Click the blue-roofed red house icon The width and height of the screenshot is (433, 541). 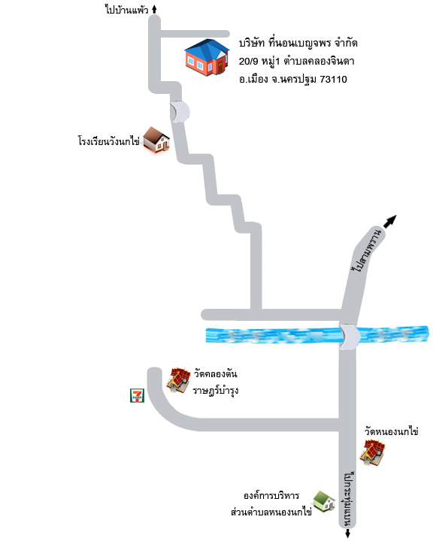coord(207,57)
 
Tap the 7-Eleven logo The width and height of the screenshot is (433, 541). coord(137,395)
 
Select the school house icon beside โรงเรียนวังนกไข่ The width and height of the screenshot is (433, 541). coord(156,140)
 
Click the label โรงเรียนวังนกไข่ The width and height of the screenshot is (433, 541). coord(108,141)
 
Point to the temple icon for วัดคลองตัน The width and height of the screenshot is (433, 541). coord(178,380)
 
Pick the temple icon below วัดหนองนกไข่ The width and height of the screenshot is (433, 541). coord(372,452)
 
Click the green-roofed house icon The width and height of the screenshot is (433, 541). coord(324,502)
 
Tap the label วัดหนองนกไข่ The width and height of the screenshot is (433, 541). coord(391,431)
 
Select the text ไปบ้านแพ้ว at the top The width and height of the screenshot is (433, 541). coord(127,9)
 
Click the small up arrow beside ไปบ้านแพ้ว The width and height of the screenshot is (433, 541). coord(154,9)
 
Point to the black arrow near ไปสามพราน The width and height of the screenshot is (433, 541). coord(390,221)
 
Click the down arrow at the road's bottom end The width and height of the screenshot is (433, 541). coord(348,533)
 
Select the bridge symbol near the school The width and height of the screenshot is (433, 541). coord(180,111)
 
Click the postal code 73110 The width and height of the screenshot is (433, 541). coord(333,80)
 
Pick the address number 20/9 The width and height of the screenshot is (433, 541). coord(248,62)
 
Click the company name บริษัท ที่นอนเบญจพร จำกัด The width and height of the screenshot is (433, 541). coord(298,43)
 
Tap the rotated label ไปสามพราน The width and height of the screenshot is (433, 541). coord(367,250)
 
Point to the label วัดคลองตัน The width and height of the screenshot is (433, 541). coord(215,373)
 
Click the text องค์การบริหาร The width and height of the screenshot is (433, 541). coord(271,496)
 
